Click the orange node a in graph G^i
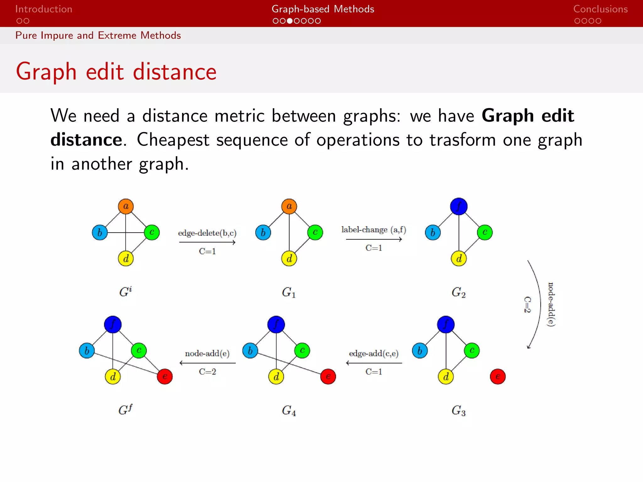point(126,206)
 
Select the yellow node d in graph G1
point(289,259)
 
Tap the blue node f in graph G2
point(459,206)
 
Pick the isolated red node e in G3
point(498,376)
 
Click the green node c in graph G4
point(302,350)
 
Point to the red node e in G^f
point(165,376)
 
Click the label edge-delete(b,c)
point(207,233)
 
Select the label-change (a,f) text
point(374,230)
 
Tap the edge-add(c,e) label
point(374,354)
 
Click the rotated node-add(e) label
point(551,304)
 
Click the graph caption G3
point(458,410)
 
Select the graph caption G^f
point(125,410)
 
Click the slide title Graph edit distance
point(116,72)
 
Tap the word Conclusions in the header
point(600,9)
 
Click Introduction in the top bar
point(44,9)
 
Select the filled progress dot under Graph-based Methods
point(289,21)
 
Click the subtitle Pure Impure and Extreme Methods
point(98,35)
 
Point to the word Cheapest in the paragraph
point(173,140)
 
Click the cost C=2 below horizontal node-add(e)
point(207,372)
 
